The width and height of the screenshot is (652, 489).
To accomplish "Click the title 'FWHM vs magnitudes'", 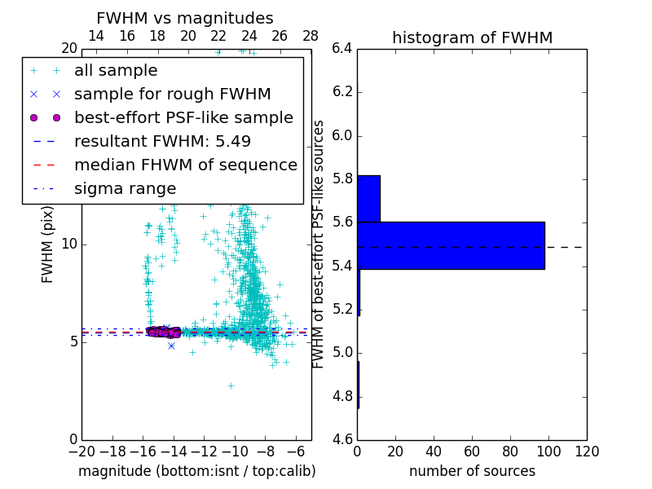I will pos(185,19).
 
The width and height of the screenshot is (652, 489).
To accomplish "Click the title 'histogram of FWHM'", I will pos(472,37).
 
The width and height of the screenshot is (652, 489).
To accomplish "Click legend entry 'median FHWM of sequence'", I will pos(185,165).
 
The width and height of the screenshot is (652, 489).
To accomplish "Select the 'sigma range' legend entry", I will pos(125,189).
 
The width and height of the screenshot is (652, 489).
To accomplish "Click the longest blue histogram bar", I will pos(451,245).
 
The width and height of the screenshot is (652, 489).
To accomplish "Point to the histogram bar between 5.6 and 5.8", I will pos(368,198).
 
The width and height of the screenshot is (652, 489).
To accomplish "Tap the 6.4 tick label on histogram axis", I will pos(342,48).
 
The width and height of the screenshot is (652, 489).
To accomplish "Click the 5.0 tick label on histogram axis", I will pos(342,353).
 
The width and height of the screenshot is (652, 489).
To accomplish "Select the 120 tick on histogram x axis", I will pos(586,452).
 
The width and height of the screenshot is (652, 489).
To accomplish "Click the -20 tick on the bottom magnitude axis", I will pos(81,452).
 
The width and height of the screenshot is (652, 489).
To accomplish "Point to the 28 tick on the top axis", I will pos(311,36).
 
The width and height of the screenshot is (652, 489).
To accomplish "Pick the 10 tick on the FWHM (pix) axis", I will pos(68,244).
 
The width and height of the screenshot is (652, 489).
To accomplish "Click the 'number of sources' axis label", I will pos(472,471).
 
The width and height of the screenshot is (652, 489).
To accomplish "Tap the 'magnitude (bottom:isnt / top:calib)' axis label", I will pos(197,471).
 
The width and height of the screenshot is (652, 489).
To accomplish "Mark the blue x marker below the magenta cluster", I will pos(171,346).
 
